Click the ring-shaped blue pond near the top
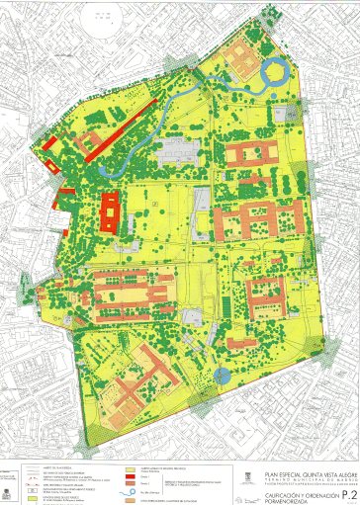click(x=274, y=70)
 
